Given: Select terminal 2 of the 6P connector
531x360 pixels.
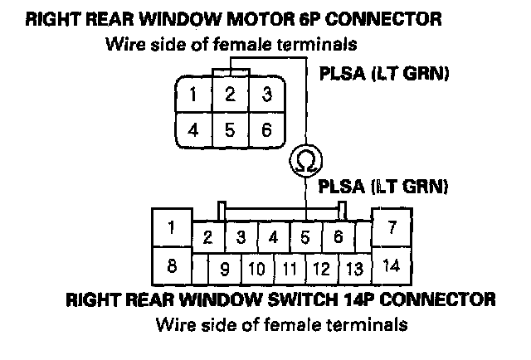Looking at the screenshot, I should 230,95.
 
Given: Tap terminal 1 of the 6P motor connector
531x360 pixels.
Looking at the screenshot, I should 192,95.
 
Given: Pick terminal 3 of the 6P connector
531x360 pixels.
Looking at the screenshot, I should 265,95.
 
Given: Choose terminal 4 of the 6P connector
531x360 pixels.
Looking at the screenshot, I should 192,129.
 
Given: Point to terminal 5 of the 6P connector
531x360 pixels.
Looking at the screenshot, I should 230,129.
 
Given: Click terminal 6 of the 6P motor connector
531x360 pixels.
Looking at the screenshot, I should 265,129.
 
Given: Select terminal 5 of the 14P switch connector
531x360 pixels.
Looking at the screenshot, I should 305,237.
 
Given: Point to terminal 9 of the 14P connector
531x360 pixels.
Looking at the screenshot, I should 225,270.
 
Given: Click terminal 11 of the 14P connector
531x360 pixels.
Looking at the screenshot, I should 290,270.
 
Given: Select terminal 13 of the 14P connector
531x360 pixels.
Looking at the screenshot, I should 354,270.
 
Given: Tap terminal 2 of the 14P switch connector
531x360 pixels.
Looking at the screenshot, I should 208,237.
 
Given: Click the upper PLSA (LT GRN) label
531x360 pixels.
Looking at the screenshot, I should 384,75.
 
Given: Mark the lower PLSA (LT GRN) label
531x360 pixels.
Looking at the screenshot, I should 384,186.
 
